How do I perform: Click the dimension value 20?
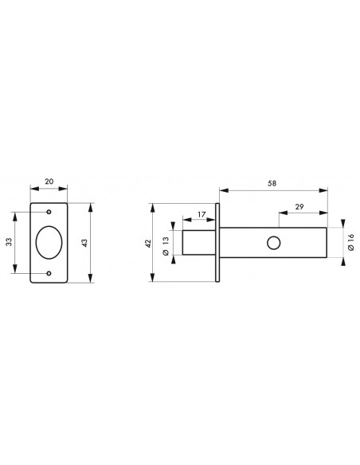(49, 182)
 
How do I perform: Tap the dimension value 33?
(10, 242)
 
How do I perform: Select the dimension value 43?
(84, 243)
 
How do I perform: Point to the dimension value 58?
(272, 183)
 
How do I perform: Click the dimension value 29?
(299, 206)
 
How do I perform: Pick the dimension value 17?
(202, 214)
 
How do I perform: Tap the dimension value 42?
(149, 243)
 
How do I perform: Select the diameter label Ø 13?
(166, 246)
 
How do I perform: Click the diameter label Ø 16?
(351, 242)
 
